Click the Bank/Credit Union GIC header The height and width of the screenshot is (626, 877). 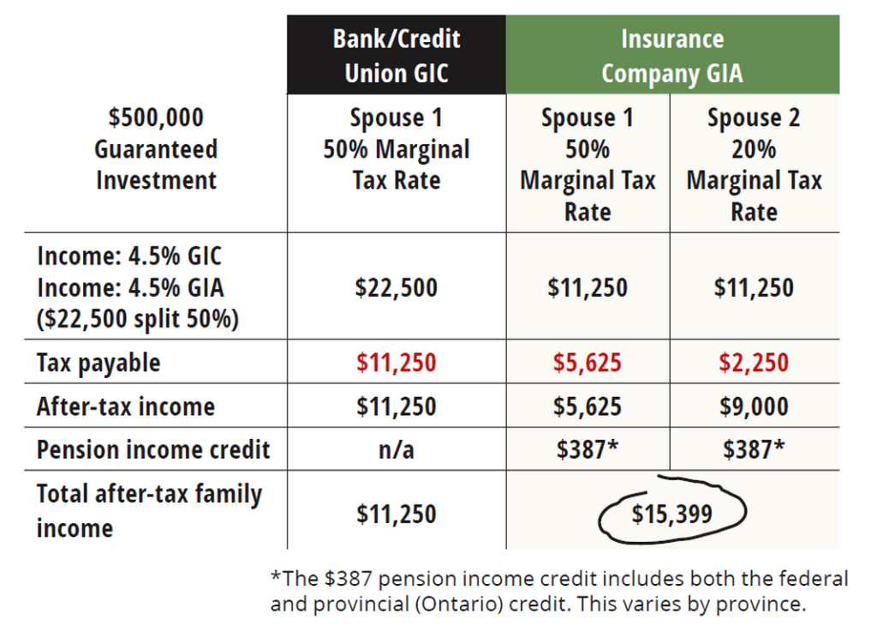[396, 56]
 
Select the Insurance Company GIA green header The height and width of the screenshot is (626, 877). [672, 56]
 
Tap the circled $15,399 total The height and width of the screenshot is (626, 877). [672, 514]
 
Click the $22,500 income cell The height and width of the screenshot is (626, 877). [396, 287]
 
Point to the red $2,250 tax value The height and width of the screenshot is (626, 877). [754, 363]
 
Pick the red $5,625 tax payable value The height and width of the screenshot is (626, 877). [588, 363]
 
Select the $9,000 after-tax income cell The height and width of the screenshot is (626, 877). [754, 406]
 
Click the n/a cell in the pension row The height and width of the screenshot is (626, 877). [396, 449]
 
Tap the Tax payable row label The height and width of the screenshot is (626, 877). [98, 363]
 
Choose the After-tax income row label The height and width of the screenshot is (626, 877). [125, 406]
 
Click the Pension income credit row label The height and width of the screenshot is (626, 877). [153, 449]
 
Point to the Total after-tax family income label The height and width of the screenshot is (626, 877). [149, 510]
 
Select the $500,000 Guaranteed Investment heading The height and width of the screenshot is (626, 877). [156, 149]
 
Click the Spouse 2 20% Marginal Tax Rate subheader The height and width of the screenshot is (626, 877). [754, 165]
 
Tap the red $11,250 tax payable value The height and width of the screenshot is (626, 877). [396, 363]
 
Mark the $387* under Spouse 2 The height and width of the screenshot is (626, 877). [754, 449]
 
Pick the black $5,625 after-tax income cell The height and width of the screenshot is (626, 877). [588, 406]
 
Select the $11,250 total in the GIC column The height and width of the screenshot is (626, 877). [396, 514]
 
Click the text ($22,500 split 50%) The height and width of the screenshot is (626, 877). [138, 318]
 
